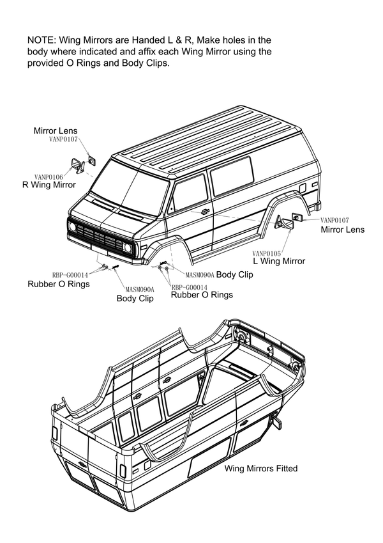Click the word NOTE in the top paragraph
41,40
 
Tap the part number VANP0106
49,177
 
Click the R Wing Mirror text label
49,185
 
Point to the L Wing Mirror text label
279,261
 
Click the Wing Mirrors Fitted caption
261,469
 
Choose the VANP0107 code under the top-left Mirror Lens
63,139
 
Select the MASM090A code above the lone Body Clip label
140,289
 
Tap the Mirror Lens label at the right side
343,229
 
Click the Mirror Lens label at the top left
56,130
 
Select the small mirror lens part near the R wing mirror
91,160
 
